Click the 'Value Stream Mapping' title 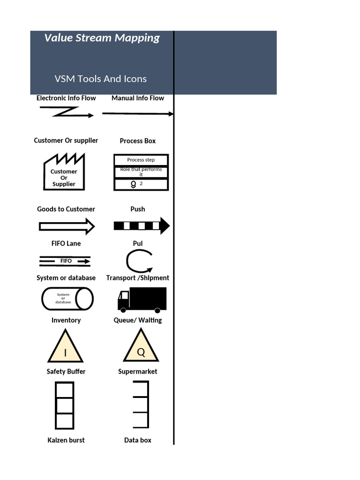(x=102, y=38)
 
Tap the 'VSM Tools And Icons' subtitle (x=100, y=79)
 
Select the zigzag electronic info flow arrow (x=67, y=112)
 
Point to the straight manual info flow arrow (x=137, y=113)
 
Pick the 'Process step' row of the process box (x=141, y=160)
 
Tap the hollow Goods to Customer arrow (x=67, y=226)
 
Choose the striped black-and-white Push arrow (x=141, y=226)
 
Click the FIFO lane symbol (x=65, y=261)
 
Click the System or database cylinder (x=67, y=299)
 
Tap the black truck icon (x=142, y=299)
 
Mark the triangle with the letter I (x=65, y=347)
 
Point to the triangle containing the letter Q (x=141, y=346)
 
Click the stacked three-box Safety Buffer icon (x=65, y=405)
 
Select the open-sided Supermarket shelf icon (x=141, y=404)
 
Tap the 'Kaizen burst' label (x=66, y=440)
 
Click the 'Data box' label (x=138, y=440)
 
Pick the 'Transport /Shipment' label (x=138, y=277)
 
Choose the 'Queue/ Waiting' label (x=138, y=320)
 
